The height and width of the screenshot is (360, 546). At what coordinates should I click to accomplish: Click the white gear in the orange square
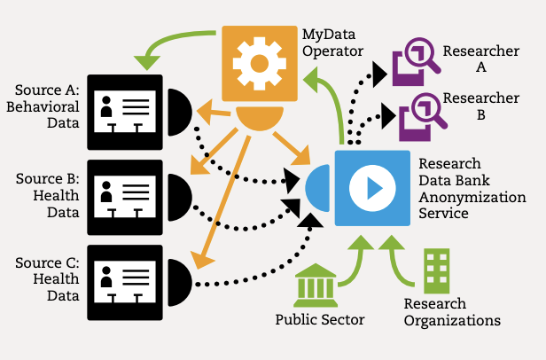[x=260, y=64]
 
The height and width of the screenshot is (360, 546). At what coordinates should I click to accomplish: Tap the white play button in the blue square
[x=372, y=188]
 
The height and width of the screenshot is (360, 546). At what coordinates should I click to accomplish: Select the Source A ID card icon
[x=125, y=113]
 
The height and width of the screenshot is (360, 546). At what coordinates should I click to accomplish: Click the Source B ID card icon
[x=125, y=197]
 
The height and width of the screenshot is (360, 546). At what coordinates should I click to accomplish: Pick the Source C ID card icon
[x=125, y=283]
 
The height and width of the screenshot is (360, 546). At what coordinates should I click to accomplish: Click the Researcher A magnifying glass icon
[x=416, y=62]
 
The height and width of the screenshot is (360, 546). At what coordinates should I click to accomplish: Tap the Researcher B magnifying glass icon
[x=423, y=117]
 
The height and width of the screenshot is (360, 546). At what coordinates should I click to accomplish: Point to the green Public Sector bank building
[x=316, y=285]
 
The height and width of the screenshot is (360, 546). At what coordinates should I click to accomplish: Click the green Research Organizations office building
[x=437, y=271]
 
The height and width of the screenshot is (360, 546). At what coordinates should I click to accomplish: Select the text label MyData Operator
[x=332, y=43]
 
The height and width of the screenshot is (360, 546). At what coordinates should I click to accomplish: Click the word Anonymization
[x=472, y=197]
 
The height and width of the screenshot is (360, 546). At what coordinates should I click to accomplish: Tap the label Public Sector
[x=320, y=319]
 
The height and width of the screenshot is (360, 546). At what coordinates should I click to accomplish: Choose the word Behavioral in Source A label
[x=43, y=106]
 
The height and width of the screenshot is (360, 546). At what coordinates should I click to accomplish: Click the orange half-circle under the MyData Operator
[x=260, y=117]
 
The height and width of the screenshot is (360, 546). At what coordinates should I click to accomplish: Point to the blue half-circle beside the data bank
[x=317, y=188]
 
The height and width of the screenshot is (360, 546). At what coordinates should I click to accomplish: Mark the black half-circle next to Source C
[x=180, y=283]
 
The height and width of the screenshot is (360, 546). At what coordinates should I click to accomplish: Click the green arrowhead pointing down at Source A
[x=146, y=63]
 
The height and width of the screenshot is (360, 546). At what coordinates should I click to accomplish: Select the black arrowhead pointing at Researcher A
[x=379, y=74]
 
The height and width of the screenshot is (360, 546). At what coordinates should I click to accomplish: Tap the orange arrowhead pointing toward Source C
[x=201, y=261]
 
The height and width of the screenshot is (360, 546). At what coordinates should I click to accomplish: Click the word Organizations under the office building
[x=452, y=321]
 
